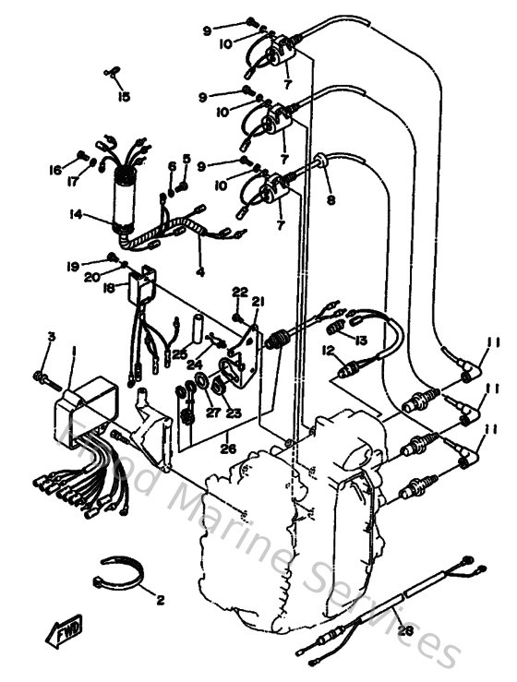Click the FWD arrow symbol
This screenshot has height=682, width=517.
[61, 633]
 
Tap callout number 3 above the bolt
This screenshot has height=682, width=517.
[52, 336]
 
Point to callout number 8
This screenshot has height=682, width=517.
[331, 198]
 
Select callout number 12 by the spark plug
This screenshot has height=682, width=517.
[328, 351]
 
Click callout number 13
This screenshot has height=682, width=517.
[361, 341]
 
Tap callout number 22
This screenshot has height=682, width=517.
[238, 292]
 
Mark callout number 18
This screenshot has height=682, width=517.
[109, 288]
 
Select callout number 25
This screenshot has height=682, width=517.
[179, 353]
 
